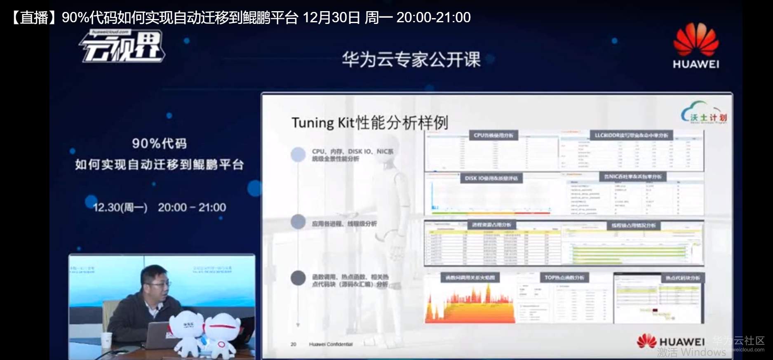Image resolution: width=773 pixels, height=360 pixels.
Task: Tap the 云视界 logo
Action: pos(122,47)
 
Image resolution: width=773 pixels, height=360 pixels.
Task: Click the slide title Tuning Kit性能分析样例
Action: pos(369,122)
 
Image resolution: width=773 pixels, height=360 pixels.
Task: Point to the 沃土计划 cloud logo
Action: pos(704,113)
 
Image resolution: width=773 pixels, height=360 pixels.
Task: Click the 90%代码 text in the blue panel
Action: pos(159,144)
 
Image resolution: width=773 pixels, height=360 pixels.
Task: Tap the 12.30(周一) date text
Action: pos(120,207)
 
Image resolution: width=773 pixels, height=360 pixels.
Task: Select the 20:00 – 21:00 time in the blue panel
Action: pos(192,207)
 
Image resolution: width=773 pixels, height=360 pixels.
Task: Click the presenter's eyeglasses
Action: pos(158,284)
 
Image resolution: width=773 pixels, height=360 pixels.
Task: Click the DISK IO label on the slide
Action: pos(491,178)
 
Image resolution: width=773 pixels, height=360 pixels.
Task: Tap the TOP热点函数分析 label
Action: pos(564,278)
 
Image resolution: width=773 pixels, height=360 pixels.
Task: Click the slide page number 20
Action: pos(294,344)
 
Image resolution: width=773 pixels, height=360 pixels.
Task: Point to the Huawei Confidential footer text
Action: pos(331,344)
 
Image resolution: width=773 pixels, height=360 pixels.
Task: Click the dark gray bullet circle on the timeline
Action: pos(298,278)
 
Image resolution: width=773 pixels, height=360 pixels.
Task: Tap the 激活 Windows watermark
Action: pos(691,352)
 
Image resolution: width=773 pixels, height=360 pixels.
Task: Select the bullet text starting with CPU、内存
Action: pos(352,155)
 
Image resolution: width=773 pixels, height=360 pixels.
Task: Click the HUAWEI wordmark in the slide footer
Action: pos(682,342)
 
